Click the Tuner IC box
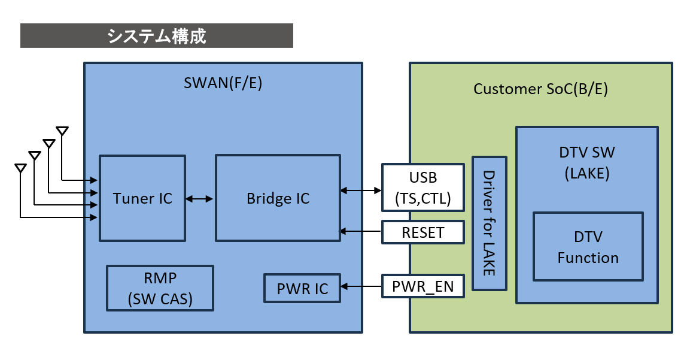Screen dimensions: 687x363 [x=142, y=198]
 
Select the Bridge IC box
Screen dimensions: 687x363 [x=278, y=198]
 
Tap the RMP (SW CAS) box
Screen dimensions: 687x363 [x=160, y=288]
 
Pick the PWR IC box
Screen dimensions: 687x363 [x=302, y=289]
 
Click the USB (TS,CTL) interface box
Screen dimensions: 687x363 [x=423, y=187]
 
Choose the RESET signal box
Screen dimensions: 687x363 [x=423, y=232]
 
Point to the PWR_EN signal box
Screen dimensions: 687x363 [x=423, y=286]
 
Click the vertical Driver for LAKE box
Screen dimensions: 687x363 [x=490, y=223]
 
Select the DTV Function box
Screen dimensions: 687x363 [x=588, y=247]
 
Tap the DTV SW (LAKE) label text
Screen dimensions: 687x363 [x=587, y=163]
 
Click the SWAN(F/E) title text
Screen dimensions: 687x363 [x=223, y=83]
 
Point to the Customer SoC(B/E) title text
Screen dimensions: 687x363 [x=540, y=89]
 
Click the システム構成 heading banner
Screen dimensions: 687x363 [x=156, y=35]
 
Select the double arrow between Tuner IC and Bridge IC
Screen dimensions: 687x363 [x=200, y=199]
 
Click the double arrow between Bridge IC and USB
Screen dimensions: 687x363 [x=361, y=190]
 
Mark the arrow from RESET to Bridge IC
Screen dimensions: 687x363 [x=361, y=231]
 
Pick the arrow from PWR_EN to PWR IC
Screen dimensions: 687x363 [x=361, y=286]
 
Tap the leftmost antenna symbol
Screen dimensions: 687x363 [x=20, y=168]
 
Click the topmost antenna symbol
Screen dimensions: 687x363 [x=62, y=131]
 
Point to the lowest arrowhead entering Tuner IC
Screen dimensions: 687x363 [x=93, y=217]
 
